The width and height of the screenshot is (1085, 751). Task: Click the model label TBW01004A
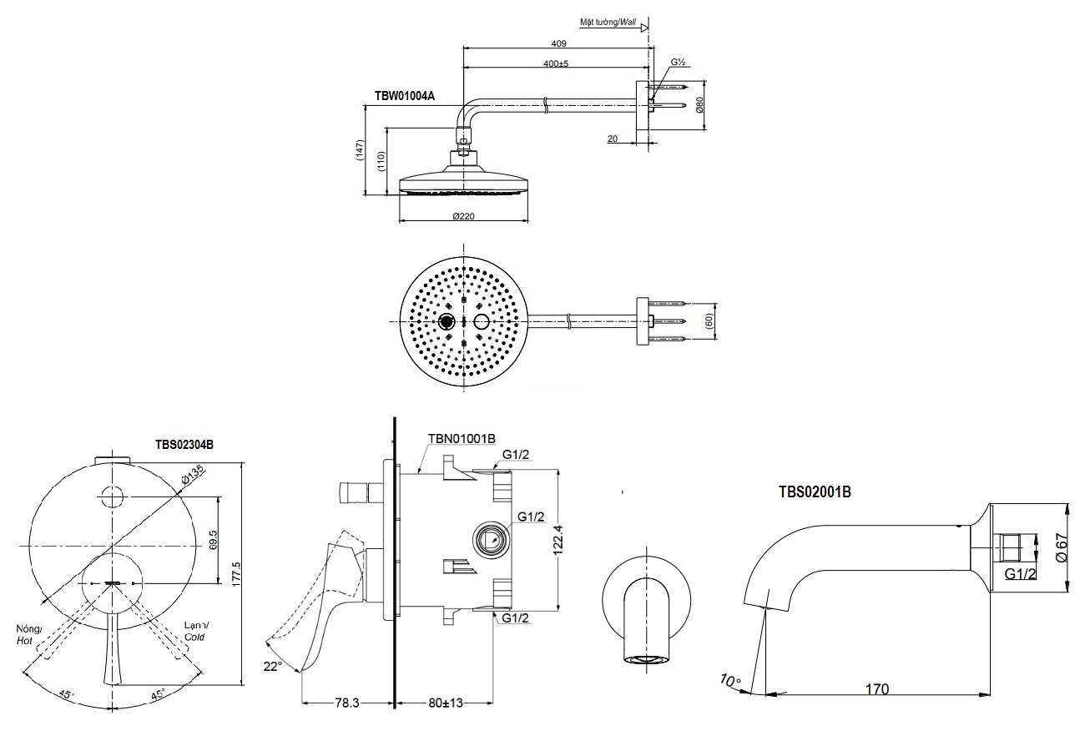[404, 96]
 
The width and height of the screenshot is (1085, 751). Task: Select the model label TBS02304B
[184, 445]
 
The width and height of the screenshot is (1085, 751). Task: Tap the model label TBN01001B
[462, 438]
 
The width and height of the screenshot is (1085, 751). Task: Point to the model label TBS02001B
[815, 492]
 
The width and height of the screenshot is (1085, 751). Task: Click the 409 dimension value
[559, 43]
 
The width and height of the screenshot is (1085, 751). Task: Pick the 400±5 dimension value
[556, 63]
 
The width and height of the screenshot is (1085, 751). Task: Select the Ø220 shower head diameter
[464, 216]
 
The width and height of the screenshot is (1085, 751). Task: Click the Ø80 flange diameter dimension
[700, 106]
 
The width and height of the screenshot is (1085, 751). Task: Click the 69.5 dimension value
[214, 539]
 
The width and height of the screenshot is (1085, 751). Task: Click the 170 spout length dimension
[876, 688]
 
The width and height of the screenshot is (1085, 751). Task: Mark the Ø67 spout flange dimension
[1062, 547]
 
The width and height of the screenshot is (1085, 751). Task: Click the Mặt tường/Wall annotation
[608, 23]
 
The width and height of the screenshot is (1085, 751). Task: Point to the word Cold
[194, 638]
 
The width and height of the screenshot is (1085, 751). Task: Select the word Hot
[24, 640]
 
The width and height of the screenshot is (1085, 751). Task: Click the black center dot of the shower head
[446, 322]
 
